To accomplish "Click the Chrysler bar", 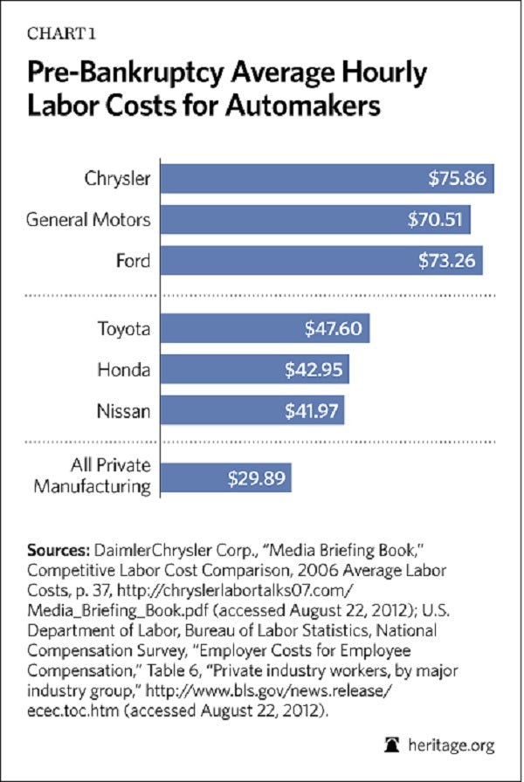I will [327, 179].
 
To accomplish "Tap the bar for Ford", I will [321, 259].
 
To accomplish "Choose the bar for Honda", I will [255, 369].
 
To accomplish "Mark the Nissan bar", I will [252, 408].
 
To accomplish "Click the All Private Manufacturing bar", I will [225, 478].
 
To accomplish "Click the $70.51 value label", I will [434, 219].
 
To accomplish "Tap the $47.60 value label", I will [332, 330].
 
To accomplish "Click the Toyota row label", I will [123, 330].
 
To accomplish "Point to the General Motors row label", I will [88, 219].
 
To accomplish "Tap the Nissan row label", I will [124, 408].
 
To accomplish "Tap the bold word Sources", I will [57, 552].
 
